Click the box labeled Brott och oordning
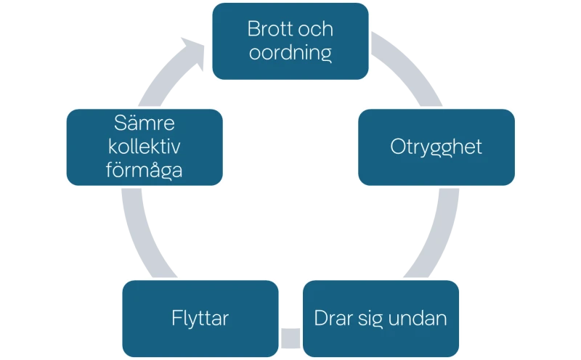point(290,41)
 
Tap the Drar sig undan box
point(381,318)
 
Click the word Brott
point(267,30)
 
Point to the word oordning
point(290,53)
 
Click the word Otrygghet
point(436,147)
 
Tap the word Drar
point(331,318)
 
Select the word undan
point(421,318)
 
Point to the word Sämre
point(143,123)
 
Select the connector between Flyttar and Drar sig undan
point(290,337)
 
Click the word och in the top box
point(317,30)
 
